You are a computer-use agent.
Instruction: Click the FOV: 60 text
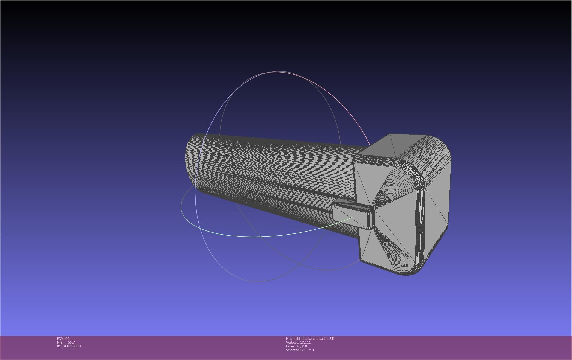(63, 338)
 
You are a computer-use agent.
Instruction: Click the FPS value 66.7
(71, 342)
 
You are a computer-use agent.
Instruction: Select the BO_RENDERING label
(69, 346)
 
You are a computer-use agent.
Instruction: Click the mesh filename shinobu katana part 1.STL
(315, 338)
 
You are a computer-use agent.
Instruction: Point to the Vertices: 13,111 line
(298, 342)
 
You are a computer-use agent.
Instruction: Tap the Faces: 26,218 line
(296, 346)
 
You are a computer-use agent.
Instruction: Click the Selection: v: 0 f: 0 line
(300, 350)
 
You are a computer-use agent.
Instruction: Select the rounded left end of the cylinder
(191, 161)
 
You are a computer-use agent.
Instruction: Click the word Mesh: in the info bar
(290, 338)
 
